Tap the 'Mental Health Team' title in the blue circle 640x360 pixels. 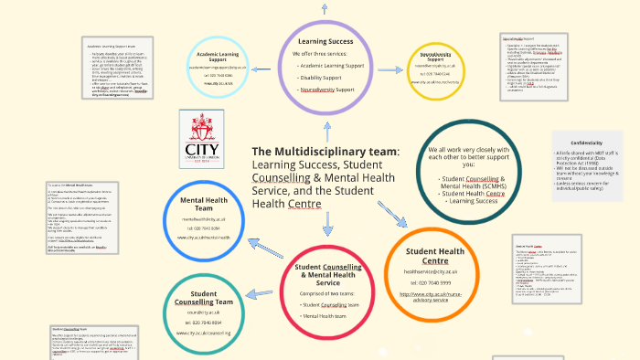click(x=204, y=203)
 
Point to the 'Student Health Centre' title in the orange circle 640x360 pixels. click(x=435, y=256)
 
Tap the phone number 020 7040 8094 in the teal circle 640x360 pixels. click(x=204, y=323)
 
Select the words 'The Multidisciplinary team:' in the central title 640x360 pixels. click(x=325, y=151)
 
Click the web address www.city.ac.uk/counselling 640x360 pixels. click(x=204, y=334)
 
